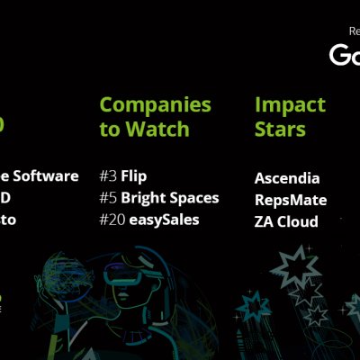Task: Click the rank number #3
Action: click(108, 175)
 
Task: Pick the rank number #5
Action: click(108, 197)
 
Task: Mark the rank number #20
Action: click(112, 219)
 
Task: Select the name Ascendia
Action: click(288, 178)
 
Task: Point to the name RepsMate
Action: click(291, 200)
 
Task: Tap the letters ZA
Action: click(265, 221)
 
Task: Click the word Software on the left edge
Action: click(49, 175)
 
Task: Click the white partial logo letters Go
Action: click(345, 55)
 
